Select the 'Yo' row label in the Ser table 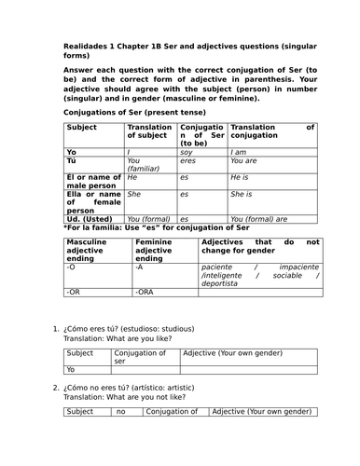pos(72,151)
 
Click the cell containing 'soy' pos(187,151)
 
